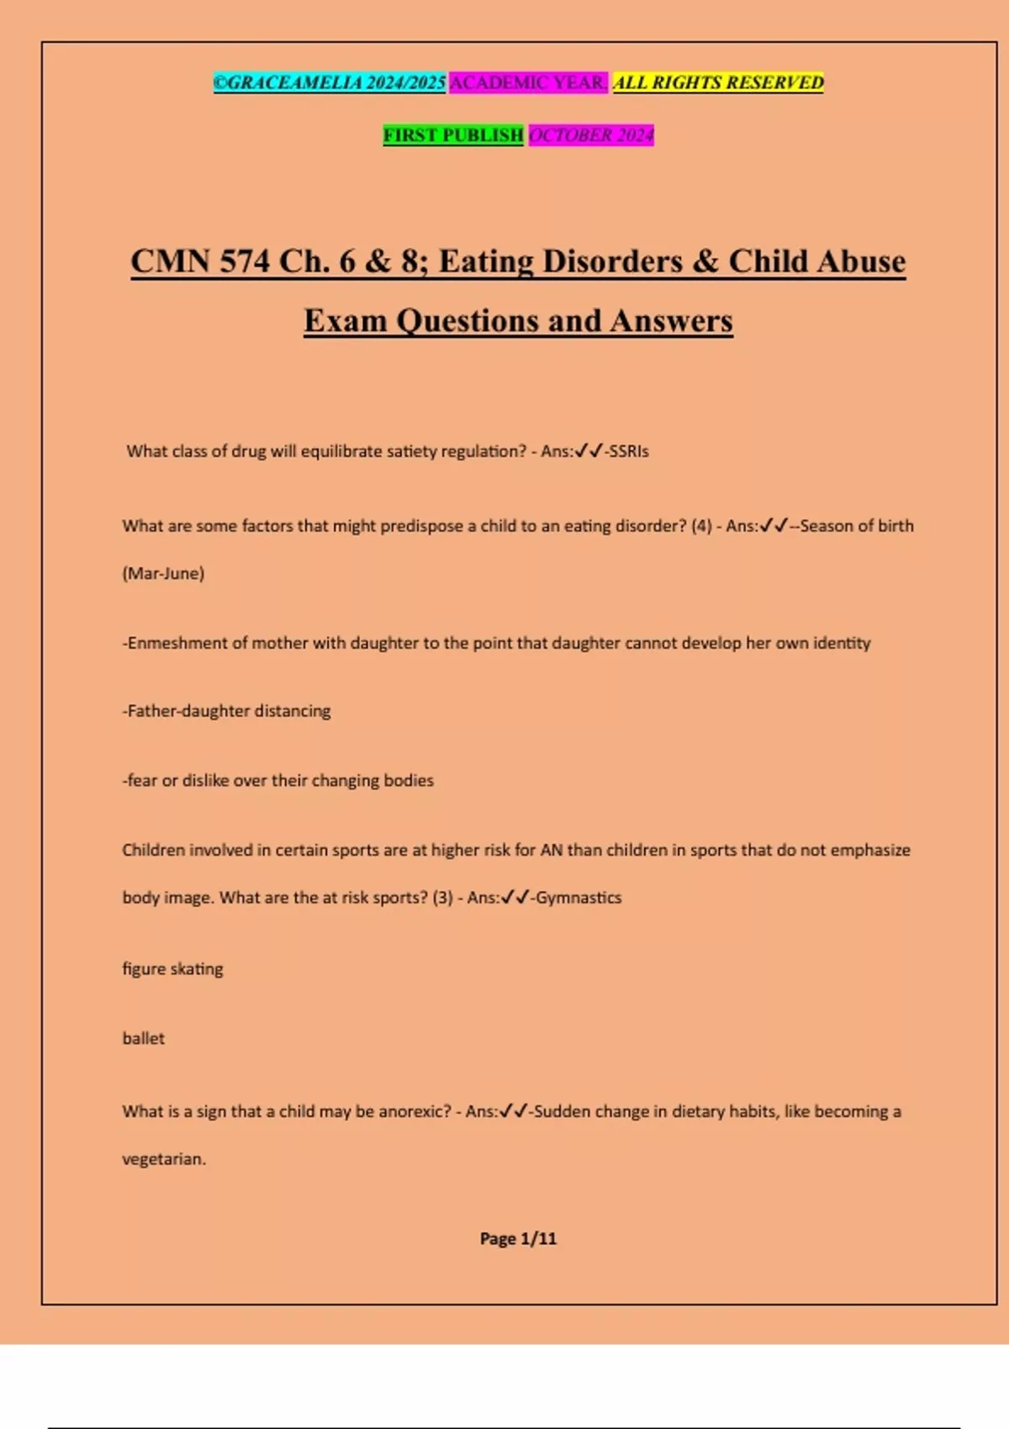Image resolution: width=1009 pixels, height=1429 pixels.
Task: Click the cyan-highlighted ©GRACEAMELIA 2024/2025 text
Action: [x=329, y=82]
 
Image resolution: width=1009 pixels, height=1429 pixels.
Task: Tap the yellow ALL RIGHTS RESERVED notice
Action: [x=718, y=82]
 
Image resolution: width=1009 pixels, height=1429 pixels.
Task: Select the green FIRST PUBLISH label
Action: [x=453, y=135]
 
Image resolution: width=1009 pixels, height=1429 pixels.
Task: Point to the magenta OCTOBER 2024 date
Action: [x=591, y=135]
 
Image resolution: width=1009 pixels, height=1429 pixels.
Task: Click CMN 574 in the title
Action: [x=200, y=261]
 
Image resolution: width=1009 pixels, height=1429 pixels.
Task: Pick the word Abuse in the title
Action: [x=860, y=261]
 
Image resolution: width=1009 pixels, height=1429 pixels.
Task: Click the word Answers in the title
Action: [x=672, y=321]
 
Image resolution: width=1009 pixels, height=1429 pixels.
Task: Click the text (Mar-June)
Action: [x=163, y=574]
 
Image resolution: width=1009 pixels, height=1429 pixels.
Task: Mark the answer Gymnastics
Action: [x=578, y=898]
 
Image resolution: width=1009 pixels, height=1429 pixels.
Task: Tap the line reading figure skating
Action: [x=172, y=969]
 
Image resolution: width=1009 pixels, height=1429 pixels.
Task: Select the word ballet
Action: [x=143, y=1039]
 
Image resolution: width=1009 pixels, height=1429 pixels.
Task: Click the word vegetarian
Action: [x=162, y=1159]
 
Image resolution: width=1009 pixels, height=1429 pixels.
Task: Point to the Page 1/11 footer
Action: [x=518, y=1239]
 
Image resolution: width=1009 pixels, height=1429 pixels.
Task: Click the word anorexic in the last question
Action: [x=415, y=1112]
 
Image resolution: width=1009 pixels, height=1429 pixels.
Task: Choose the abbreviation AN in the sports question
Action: [x=551, y=851]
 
